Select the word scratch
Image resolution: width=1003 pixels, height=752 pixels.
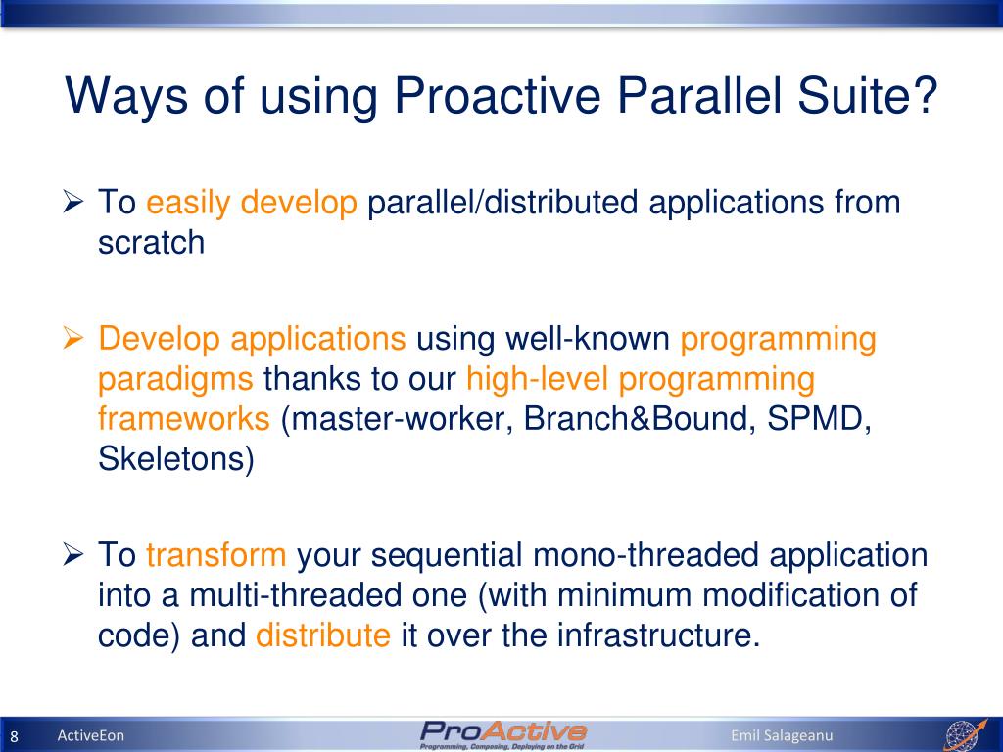tap(151, 243)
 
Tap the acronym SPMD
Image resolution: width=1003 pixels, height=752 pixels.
tap(819, 419)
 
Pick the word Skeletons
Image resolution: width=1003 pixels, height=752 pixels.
tap(176, 459)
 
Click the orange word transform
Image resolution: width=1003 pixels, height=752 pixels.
tap(215, 554)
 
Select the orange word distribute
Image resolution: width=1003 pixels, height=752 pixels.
tap(323, 634)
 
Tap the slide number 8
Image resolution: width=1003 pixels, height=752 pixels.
tap(14, 736)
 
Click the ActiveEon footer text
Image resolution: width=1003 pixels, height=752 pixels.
tap(91, 735)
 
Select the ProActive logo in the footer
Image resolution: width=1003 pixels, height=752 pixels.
tap(502, 734)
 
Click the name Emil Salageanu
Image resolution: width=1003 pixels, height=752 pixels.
tap(782, 735)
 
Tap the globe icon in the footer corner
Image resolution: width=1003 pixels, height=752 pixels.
tap(966, 734)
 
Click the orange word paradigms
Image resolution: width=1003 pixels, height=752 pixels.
tap(175, 379)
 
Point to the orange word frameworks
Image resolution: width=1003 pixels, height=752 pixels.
tap(183, 418)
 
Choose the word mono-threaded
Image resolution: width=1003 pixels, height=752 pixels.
tap(645, 554)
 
